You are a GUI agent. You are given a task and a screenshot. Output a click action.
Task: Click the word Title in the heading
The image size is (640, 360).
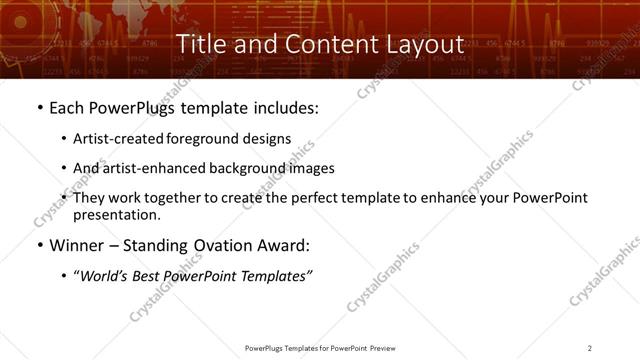pos(200,44)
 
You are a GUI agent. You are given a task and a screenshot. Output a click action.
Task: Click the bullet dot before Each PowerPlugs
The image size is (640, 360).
pos(39,107)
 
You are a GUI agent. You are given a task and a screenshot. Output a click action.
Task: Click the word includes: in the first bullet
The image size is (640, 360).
pos(288,107)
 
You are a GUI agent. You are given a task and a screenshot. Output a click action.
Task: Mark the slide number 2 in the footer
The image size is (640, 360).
pos(590,348)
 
